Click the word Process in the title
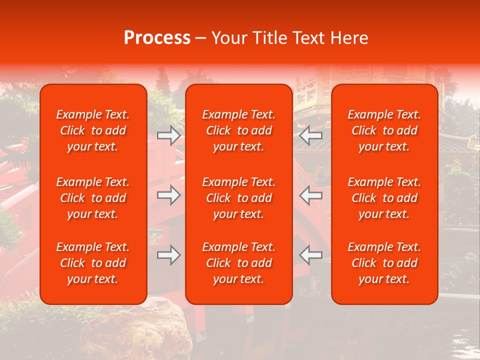(157, 38)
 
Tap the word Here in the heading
(349, 38)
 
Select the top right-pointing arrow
(169, 135)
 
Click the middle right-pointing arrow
(169, 195)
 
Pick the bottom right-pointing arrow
(169, 255)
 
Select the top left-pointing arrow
(311, 135)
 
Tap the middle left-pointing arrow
(311, 195)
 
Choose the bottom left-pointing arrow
(311, 255)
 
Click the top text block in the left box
(93, 130)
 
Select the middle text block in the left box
(93, 198)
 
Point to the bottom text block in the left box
(93, 263)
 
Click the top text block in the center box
(239, 130)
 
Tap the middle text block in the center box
(239, 198)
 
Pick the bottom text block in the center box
(239, 263)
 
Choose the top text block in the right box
(384, 130)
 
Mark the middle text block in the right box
(384, 198)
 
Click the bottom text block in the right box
(384, 263)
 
